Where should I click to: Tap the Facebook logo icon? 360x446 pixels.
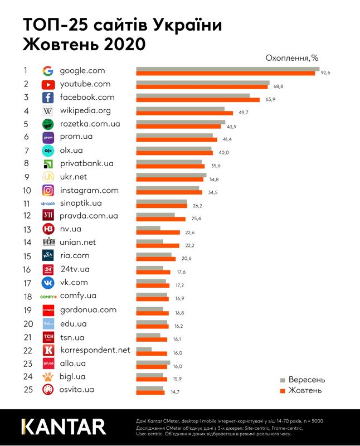pos(48,98)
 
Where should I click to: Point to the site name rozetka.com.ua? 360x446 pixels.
pos(90,123)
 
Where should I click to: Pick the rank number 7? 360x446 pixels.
pos(25,151)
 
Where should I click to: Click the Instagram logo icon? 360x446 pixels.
pos(48,191)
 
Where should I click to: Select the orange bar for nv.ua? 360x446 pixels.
pos(158,232)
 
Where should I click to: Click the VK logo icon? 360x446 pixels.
pos(48,283)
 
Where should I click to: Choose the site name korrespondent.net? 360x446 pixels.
pos(95,350)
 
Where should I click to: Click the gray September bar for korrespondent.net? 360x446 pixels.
pos(144,349)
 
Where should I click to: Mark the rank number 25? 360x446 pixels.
pos(28,390)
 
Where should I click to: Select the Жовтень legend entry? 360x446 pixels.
pos(301,390)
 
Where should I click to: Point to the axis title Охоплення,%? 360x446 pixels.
pos(292,57)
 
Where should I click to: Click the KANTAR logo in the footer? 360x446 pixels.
pos(63,426)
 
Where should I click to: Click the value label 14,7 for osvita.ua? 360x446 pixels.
pos(175,392)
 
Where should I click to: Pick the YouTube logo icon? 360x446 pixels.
pos(48,84)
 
